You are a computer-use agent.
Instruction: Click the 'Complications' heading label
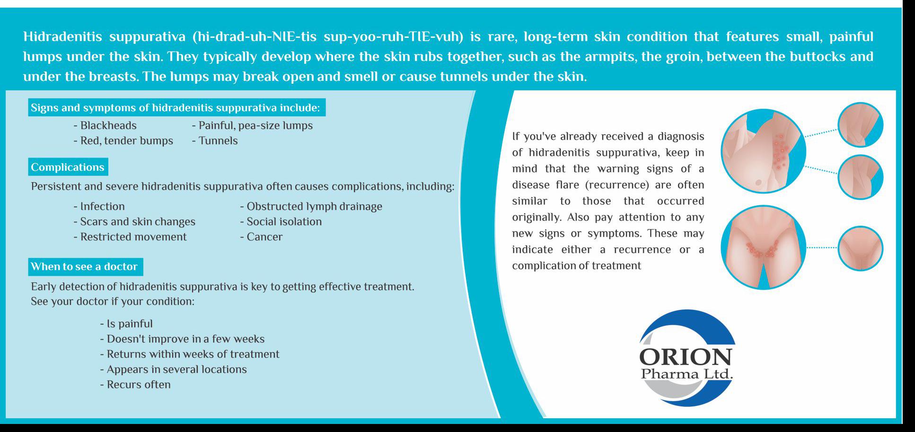[x=68, y=167]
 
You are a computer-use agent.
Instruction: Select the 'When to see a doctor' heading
[x=86, y=266]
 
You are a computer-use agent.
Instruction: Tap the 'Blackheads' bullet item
[x=105, y=125]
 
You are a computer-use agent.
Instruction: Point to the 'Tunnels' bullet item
[x=215, y=141]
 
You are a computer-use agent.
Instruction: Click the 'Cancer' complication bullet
[x=261, y=237]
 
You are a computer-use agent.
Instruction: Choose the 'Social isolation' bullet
[x=281, y=221]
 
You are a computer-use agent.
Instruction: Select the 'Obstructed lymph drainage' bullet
[x=311, y=206]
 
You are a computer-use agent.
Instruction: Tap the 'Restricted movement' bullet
[x=130, y=237]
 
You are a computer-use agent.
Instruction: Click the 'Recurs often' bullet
[x=135, y=384]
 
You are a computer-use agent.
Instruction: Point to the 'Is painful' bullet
[x=126, y=324]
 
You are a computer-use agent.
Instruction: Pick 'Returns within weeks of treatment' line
[x=190, y=354]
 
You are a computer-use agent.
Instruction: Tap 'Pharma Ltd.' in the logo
[x=687, y=374]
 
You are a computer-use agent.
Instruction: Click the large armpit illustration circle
[x=763, y=151]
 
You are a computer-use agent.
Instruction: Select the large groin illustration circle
[x=763, y=247]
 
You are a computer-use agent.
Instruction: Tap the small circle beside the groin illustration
[x=860, y=248]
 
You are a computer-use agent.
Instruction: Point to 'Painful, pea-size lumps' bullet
[x=252, y=125]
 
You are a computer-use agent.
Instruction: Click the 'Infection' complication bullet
[x=99, y=206]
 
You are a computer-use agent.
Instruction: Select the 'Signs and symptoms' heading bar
[x=177, y=107]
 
